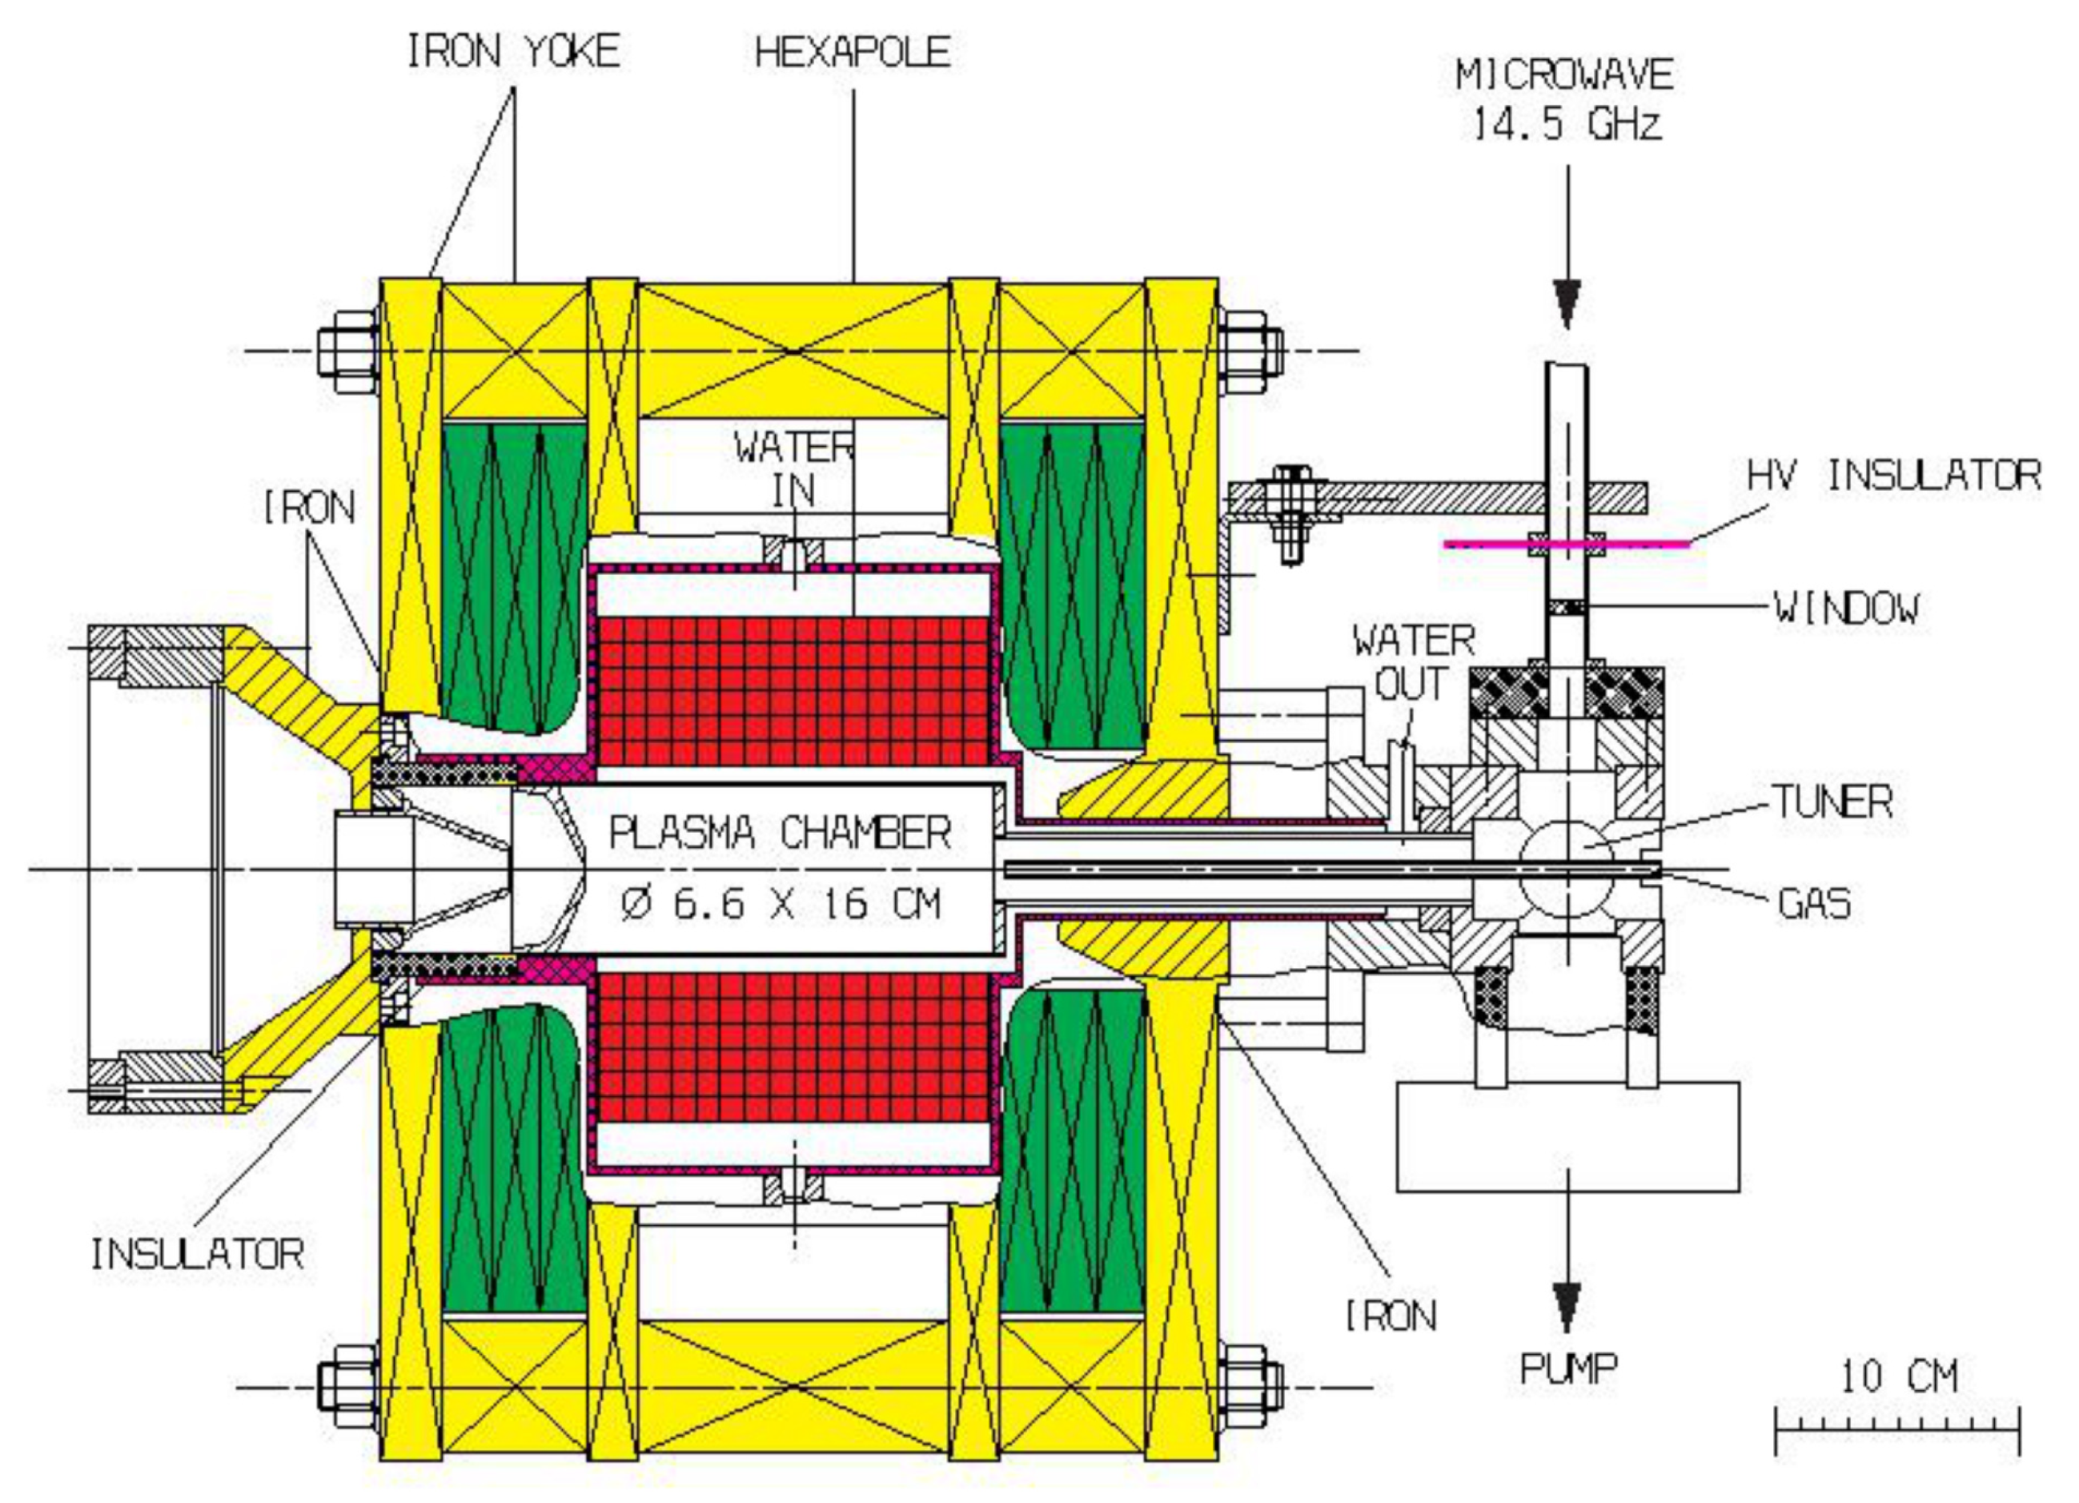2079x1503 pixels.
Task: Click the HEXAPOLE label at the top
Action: point(853,51)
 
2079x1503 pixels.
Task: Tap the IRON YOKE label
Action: point(513,51)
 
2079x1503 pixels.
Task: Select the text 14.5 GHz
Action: point(1567,122)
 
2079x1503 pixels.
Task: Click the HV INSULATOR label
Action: point(1894,476)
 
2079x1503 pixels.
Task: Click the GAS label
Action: point(1814,903)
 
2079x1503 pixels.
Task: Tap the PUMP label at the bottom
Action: point(1568,1369)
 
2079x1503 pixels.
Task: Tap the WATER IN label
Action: point(794,469)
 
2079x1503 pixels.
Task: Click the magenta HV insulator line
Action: point(1567,545)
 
